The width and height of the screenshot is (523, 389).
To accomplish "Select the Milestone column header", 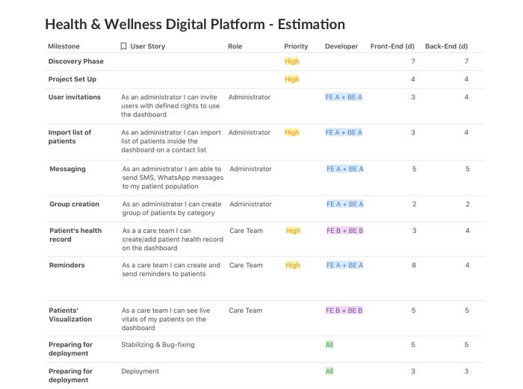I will [x=64, y=46].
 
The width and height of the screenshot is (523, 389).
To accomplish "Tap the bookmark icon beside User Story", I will [x=124, y=46].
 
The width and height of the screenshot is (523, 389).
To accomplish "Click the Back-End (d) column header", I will [x=446, y=46].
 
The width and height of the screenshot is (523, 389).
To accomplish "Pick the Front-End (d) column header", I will [x=393, y=46].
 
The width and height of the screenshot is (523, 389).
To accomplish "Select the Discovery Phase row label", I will [x=76, y=61].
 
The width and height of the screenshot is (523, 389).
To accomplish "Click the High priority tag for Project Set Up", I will [x=291, y=79].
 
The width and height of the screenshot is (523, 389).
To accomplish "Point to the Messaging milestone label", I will [x=67, y=169].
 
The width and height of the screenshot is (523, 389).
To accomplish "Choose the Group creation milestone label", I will [x=74, y=204].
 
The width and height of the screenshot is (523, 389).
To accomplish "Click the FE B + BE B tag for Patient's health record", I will [x=344, y=231].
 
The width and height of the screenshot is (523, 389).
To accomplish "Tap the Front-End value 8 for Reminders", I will [x=413, y=265].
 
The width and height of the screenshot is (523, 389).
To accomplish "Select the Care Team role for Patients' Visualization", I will [x=245, y=311].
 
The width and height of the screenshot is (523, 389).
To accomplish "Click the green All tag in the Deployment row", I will [x=329, y=371].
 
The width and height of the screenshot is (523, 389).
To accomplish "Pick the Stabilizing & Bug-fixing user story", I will [x=158, y=345].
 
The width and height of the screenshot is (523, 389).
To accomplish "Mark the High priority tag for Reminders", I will [x=293, y=265].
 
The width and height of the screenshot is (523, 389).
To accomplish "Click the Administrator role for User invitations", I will [x=250, y=97].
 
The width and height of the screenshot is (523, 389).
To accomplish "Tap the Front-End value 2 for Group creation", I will [x=413, y=204].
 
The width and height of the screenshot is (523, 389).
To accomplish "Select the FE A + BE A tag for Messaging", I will [x=344, y=169].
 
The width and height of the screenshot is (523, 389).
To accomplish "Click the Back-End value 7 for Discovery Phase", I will [x=466, y=61].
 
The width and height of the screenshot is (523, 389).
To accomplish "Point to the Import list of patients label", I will [x=69, y=137].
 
